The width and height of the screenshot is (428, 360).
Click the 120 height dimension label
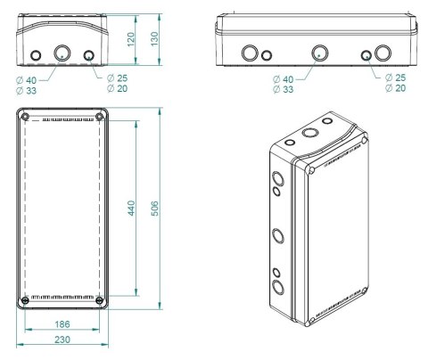[x=131, y=41]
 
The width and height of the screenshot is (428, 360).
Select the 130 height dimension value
[x=154, y=40]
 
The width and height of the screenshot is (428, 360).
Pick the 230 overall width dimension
[x=62, y=340]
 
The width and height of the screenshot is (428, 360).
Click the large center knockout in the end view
[x=62, y=54]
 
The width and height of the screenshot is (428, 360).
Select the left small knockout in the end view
[x=36, y=56]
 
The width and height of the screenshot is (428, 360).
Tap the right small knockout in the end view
[x=89, y=56]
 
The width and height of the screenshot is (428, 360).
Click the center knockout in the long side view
[x=318, y=53]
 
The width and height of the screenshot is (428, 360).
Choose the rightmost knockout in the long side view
[x=383, y=53]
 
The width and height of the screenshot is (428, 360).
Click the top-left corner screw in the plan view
[x=25, y=117]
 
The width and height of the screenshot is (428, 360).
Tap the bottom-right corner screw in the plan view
[x=99, y=300]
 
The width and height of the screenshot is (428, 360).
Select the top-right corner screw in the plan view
[x=99, y=117]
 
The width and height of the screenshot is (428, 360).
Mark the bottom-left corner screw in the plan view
[x=25, y=300]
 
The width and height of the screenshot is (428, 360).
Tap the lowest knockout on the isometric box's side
[x=276, y=287]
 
